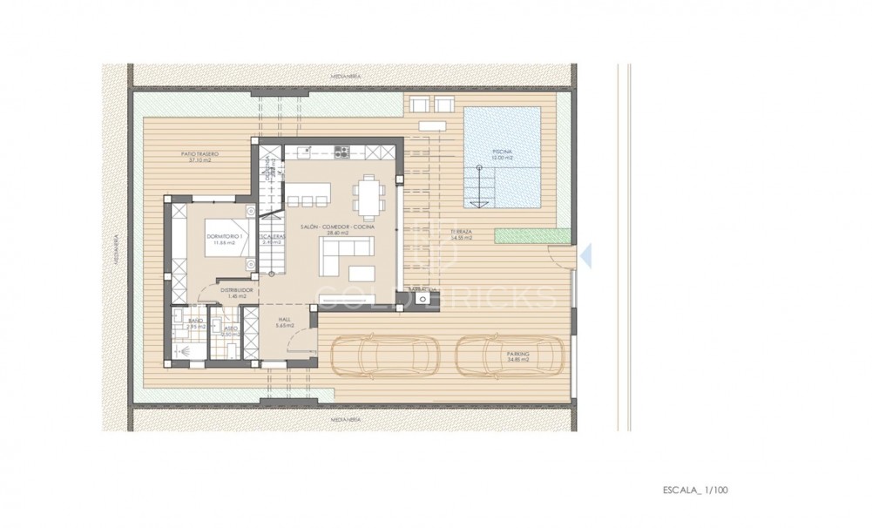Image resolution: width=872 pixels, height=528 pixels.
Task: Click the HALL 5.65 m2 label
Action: pos(284,322)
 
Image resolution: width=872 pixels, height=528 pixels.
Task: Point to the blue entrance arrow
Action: pos(585,254)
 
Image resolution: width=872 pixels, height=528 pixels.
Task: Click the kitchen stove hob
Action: pos(341,152)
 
